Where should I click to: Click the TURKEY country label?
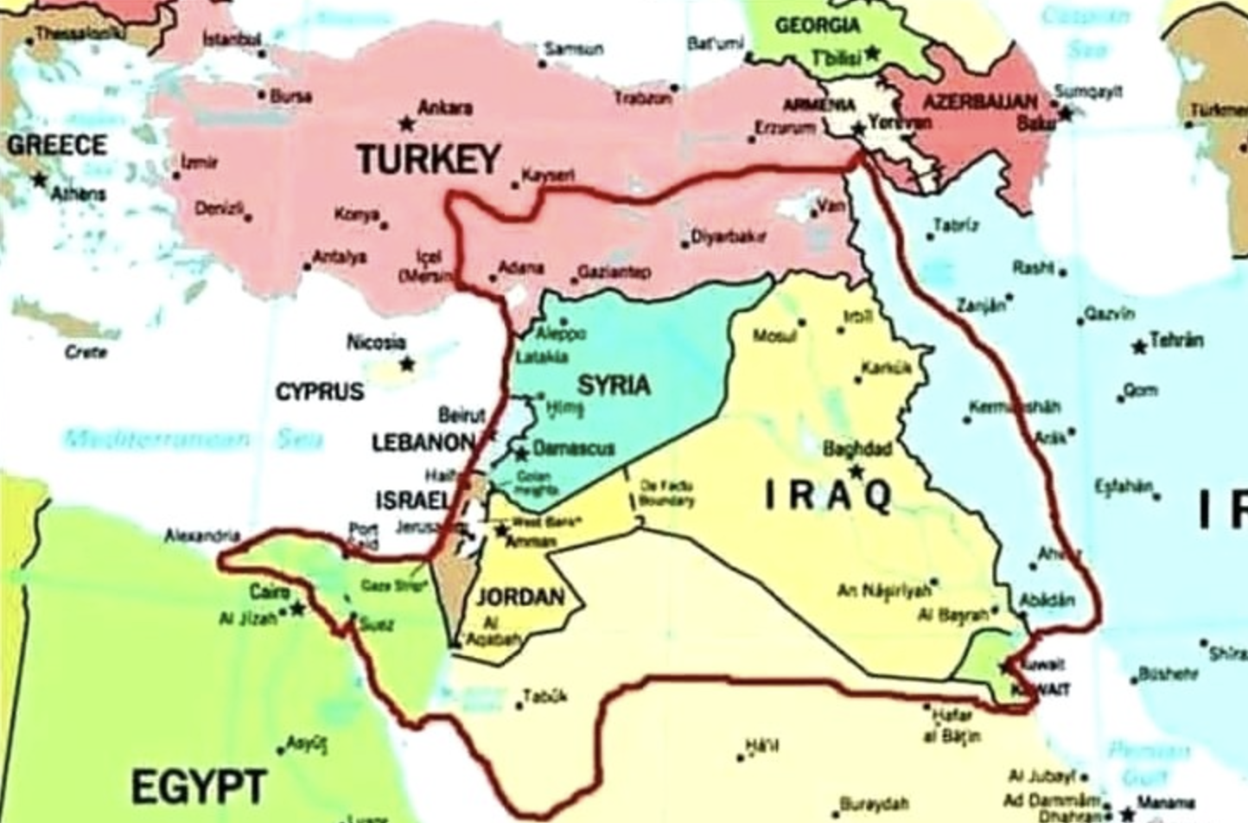point(428,159)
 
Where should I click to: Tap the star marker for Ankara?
point(404,124)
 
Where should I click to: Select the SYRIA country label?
point(614,384)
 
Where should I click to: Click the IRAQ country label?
point(828,495)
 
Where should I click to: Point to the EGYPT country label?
point(198,787)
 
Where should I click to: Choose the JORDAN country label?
point(520,597)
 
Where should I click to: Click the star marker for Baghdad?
point(856,471)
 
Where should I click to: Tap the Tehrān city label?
point(1176,340)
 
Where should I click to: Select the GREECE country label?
point(57,144)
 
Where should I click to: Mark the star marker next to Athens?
point(39,180)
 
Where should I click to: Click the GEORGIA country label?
point(816,26)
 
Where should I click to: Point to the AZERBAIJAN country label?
point(979,102)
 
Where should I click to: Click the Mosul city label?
point(774,335)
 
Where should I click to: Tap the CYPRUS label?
point(319,392)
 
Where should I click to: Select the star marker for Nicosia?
point(406,364)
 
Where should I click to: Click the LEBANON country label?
point(423,443)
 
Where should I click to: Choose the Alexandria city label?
point(201,536)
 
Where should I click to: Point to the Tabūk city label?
point(544,696)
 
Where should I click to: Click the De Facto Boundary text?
point(666,494)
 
